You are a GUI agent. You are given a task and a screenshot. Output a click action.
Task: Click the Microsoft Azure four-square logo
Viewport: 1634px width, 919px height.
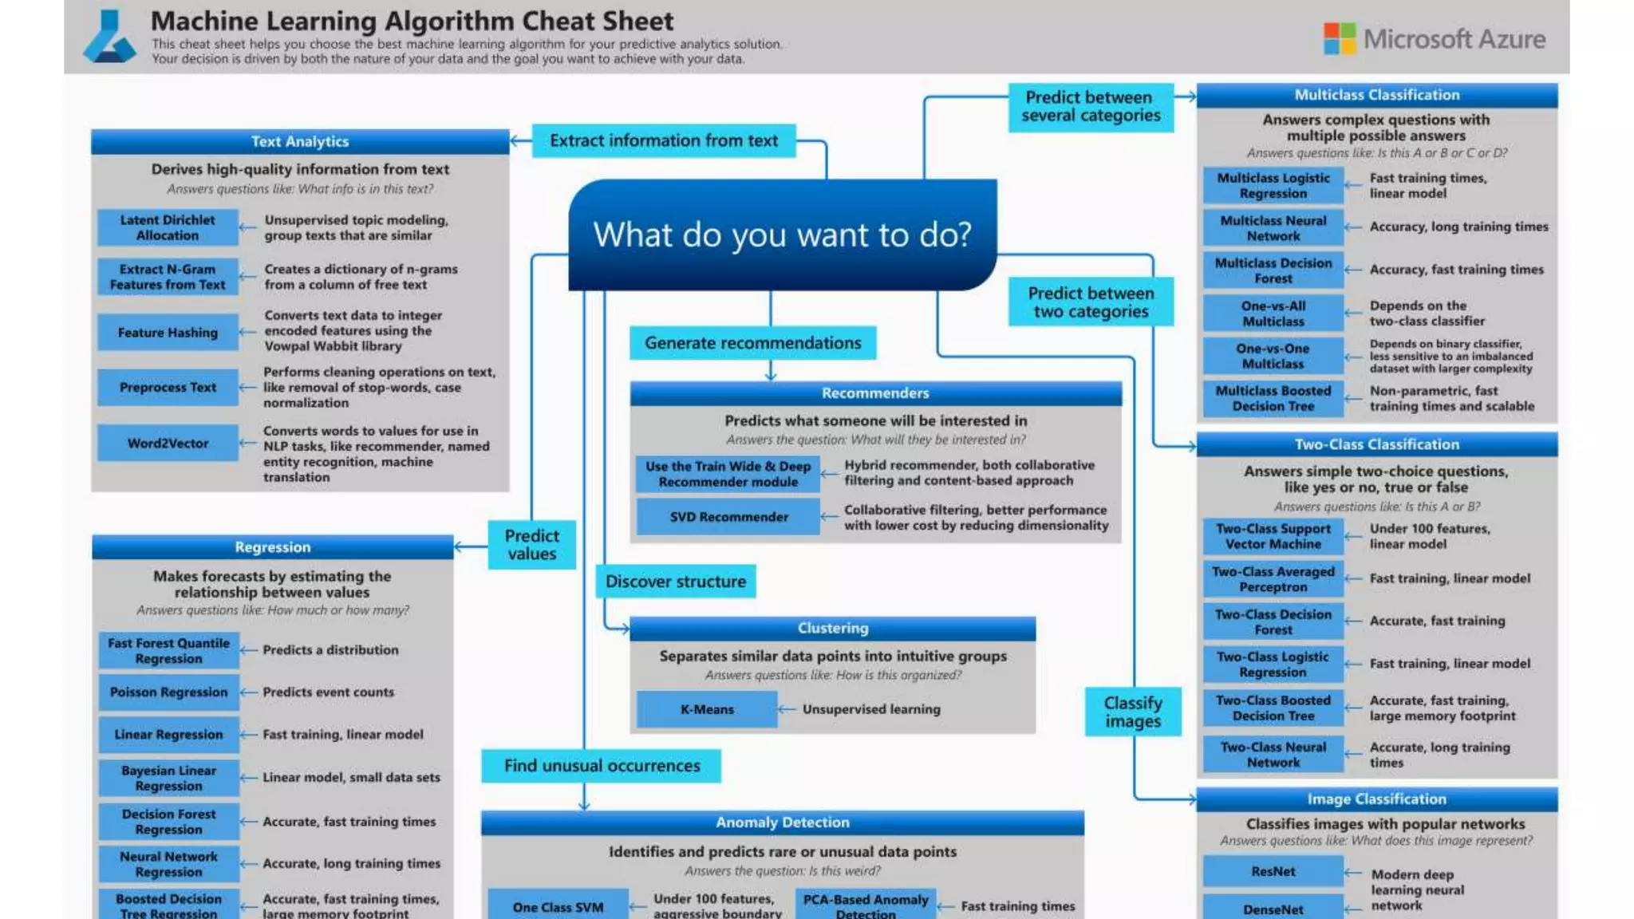[1339, 38]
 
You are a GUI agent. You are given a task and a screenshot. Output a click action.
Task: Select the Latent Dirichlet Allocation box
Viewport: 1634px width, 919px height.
[168, 227]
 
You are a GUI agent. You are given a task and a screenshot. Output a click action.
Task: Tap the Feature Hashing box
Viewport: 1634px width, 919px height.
[168, 333]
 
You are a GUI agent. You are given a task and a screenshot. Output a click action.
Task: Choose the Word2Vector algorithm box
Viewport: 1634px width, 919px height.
[168, 444]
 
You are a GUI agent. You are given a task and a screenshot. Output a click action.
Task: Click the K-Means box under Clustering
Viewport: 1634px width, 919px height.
[707, 709]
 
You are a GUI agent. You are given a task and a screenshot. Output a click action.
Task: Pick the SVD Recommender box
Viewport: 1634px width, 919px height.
[728, 517]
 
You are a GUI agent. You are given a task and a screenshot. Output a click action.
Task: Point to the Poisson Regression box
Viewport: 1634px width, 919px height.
[168, 692]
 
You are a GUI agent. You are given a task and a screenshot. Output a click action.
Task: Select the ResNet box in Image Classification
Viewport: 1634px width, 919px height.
[1273, 871]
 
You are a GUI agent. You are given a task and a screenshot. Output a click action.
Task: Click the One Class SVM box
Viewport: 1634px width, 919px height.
[558, 907]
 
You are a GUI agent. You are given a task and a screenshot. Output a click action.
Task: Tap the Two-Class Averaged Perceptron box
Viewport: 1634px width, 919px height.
[1273, 579]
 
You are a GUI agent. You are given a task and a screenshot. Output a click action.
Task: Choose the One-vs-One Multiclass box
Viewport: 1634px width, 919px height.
[1273, 356]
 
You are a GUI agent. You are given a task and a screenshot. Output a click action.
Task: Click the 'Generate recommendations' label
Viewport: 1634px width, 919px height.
[752, 343]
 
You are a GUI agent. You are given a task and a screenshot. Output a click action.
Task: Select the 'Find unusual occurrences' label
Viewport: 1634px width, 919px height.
[602, 766]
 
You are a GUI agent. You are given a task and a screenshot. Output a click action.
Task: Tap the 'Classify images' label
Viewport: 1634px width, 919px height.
[1132, 712]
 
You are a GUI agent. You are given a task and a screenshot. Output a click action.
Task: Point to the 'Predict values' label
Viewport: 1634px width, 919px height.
[531, 545]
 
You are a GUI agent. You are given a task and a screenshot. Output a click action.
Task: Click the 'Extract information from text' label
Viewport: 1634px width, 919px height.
[663, 140]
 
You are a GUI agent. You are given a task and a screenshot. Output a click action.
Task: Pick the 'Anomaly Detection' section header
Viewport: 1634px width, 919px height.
[782, 822]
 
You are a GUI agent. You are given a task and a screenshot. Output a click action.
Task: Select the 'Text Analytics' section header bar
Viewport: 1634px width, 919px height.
[300, 141]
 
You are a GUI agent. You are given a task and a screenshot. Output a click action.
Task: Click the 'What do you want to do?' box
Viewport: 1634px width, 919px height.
[782, 235]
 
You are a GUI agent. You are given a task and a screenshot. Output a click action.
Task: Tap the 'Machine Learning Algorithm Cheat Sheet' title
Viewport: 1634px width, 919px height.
[412, 21]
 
